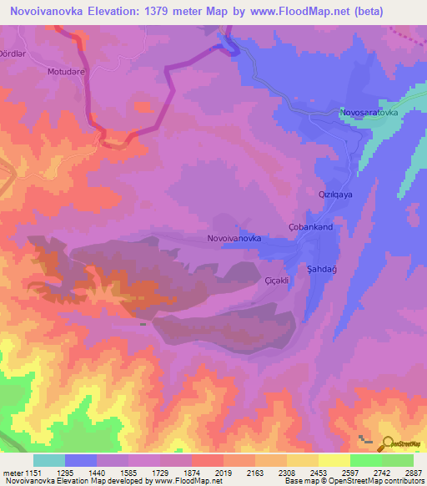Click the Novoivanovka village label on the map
tap(234, 239)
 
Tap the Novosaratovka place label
tap(369, 112)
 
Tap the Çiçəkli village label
tap(276, 281)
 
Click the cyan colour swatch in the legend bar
tap(48, 460)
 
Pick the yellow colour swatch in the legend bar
tap(334, 460)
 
